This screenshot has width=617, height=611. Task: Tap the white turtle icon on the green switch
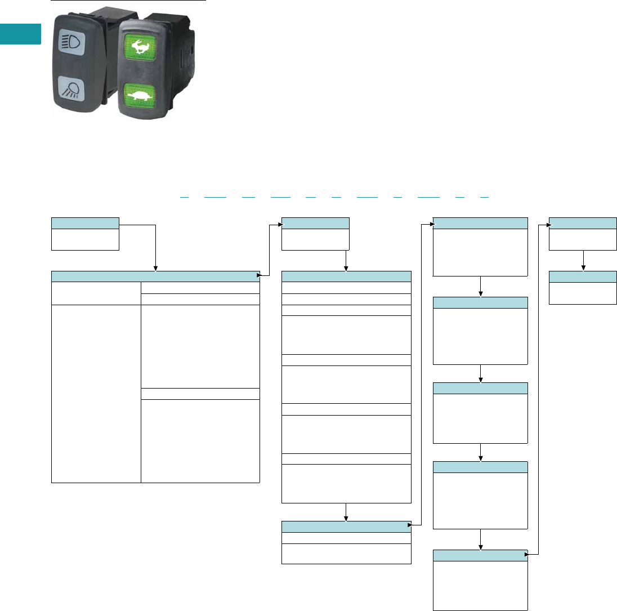coord(138,95)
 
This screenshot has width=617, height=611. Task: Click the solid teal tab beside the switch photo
coord(20,34)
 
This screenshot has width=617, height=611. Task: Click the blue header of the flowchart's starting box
coord(85,222)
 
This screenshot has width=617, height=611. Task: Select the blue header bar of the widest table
coord(155,276)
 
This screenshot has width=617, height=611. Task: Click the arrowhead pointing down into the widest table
coord(155,268)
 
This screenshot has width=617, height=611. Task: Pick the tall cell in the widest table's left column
coord(96,394)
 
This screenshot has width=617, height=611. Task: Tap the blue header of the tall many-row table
coord(346,276)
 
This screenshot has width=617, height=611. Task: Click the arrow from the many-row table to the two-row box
coord(346,512)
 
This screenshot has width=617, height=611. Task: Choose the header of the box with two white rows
coord(346,527)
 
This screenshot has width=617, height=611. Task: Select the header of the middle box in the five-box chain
coord(480,388)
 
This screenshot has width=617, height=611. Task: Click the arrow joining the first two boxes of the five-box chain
coord(480,286)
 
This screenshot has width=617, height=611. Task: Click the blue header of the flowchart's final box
coord(583,276)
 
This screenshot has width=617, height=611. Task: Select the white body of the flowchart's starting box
coord(85,239)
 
